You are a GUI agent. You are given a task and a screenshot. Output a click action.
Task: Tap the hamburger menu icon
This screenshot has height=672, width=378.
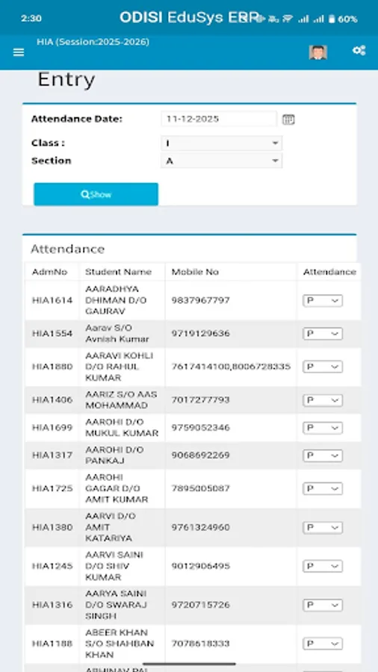(19, 52)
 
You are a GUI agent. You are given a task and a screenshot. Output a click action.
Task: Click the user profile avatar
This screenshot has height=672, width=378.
(317, 52)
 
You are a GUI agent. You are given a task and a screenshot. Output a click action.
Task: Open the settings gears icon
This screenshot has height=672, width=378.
(359, 51)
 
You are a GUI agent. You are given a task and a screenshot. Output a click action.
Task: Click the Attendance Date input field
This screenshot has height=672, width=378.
(218, 119)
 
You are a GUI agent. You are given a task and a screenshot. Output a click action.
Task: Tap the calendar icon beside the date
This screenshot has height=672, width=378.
(288, 119)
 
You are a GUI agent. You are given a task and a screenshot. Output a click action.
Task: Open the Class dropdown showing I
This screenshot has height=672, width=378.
(221, 143)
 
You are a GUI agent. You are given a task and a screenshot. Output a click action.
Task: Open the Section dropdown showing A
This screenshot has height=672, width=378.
(221, 161)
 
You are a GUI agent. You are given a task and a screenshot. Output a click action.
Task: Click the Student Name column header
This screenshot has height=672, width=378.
(118, 272)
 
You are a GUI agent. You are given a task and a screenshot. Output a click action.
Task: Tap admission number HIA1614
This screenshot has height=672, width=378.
(52, 300)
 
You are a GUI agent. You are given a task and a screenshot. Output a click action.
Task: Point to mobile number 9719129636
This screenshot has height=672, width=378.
(200, 333)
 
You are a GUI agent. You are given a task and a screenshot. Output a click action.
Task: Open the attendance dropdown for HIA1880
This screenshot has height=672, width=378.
(323, 367)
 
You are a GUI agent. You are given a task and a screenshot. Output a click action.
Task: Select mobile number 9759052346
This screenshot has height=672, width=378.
(200, 428)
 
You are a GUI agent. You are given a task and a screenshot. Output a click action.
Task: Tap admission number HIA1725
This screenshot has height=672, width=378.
(52, 488)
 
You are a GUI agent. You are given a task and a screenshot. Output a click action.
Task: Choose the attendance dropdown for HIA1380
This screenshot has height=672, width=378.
(323, 527)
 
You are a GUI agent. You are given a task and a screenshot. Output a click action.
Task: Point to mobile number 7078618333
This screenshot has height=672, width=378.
(200, 643)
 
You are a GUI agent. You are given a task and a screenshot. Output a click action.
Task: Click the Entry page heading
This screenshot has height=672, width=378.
(66, 80)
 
